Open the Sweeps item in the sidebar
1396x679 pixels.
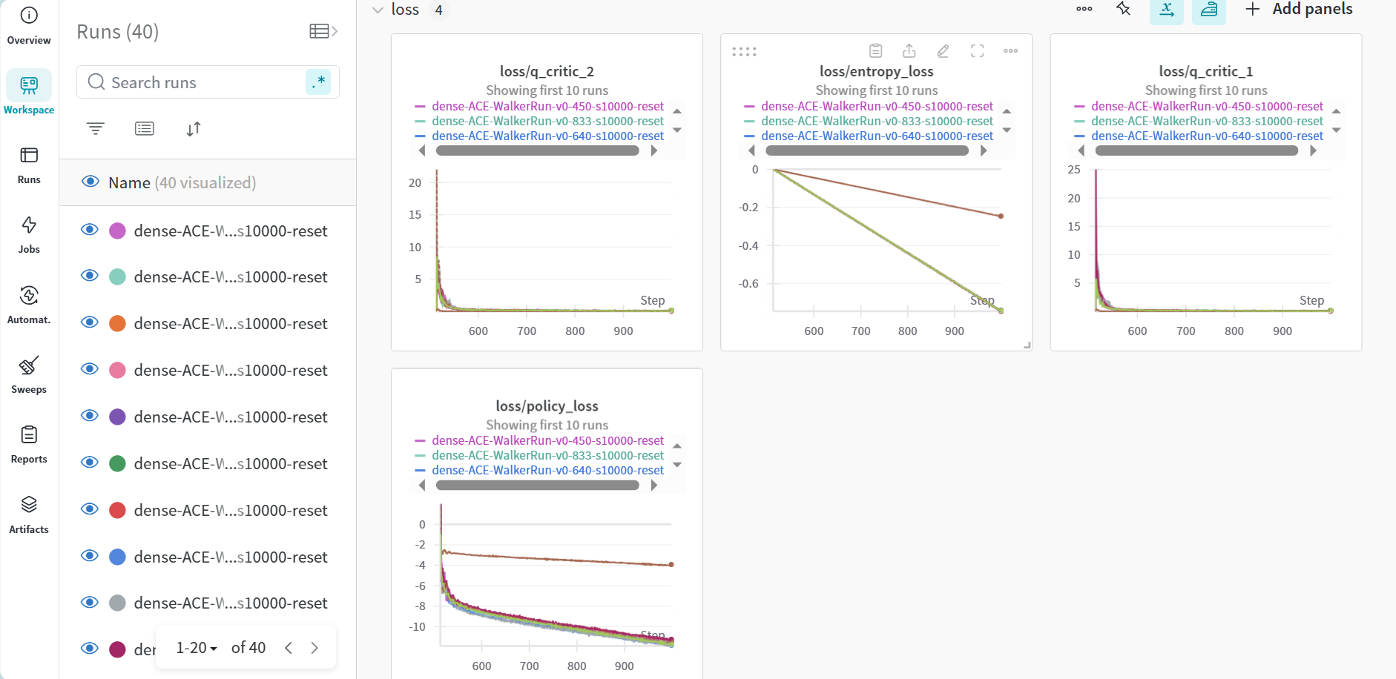pos(29,374)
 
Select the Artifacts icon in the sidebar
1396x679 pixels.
pos(29,505)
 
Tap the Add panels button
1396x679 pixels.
pos(1299,9)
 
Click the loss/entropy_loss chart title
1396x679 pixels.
pos(876,71)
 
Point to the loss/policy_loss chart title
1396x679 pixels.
pos(547,405)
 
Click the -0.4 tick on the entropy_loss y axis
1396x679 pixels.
pos(748,245)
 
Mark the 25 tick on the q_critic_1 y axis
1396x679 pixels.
pos(1073,170)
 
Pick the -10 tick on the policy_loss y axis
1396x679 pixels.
pos(417,626)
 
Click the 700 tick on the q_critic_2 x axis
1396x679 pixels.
pos(527,331)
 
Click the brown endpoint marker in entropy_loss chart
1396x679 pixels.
pos(1001,216)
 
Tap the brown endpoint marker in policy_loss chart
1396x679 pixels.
pos(671,565)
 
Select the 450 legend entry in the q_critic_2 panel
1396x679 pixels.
pos(547,106)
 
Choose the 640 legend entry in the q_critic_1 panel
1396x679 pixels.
pos(1207,136)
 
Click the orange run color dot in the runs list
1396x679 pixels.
pos(117,324)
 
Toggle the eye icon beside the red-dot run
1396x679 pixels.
pos(90,509)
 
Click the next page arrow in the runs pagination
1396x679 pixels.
pos(315,648)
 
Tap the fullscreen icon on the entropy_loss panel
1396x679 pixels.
pos(977,50)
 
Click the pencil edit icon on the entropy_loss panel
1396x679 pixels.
pos(943,50)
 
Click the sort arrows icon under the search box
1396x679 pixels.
pos(194,129)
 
